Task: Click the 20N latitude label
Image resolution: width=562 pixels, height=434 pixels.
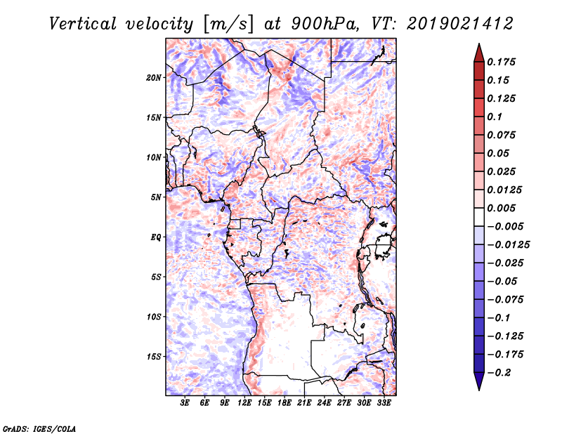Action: [154, 78]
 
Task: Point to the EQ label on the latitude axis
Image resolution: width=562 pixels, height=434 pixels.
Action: [156, 237]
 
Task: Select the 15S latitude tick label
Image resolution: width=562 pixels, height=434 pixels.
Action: [154, 357]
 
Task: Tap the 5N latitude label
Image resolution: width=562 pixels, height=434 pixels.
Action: [156, 197]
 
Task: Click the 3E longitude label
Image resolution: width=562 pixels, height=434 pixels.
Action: [185, 402]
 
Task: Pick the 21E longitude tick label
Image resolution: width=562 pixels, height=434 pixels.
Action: [304, 402]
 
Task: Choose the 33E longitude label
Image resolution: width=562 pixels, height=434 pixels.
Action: [384, 402]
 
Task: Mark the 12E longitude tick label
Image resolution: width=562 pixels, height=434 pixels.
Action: [244, 402]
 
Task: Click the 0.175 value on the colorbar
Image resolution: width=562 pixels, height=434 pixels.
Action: [501, 62]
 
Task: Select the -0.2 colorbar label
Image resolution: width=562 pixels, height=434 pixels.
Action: [499, 373]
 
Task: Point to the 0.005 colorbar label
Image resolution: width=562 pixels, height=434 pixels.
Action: [501, 208]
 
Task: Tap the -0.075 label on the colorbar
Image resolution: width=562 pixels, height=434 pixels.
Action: [505, 300]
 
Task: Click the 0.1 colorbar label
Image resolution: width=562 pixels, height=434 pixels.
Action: [495, 117]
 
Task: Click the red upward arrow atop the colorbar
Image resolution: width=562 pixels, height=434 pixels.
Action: [479, 53]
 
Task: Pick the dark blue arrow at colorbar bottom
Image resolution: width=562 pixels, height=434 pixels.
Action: [479, 381]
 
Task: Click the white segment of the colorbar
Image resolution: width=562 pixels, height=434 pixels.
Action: [479, 217]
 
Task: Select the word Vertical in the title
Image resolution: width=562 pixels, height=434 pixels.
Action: [83, 24]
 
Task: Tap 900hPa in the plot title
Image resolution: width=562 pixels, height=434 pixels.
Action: [325, 24]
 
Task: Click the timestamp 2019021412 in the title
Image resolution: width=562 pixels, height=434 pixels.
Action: [460, 24]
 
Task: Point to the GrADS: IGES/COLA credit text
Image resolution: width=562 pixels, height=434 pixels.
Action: [39, 429]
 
